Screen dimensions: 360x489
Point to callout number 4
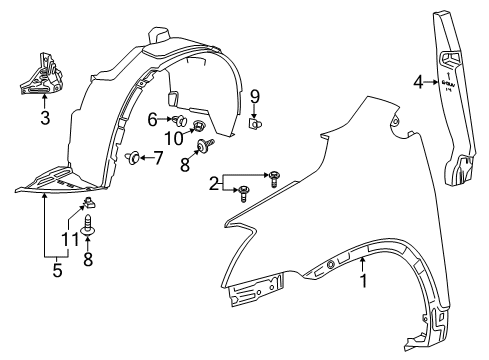pos(417,83)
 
